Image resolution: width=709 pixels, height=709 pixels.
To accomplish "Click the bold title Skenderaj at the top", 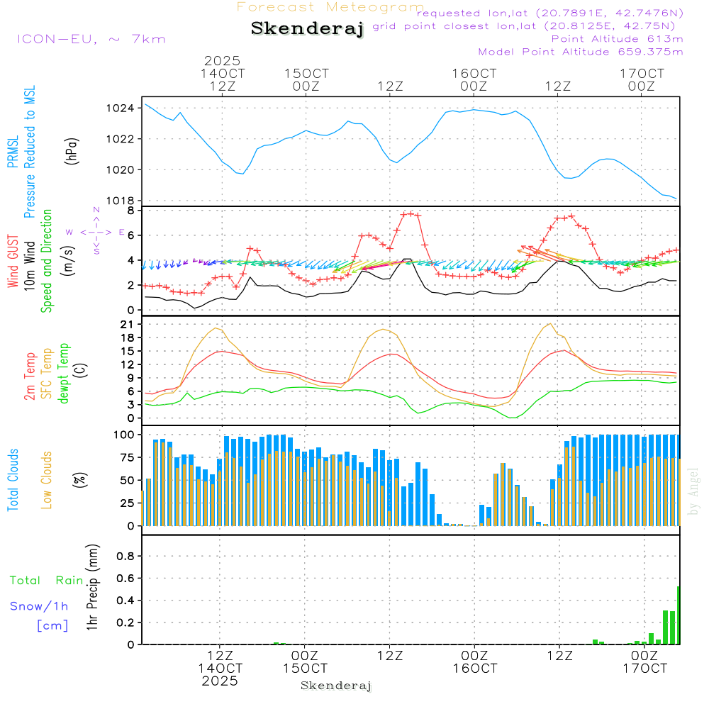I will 307,28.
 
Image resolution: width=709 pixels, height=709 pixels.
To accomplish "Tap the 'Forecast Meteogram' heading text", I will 330,7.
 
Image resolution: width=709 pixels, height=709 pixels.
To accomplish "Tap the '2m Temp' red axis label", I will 30,376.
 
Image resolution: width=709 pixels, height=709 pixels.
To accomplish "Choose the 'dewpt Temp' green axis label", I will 64,374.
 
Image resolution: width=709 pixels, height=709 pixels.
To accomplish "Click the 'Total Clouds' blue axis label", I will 13,480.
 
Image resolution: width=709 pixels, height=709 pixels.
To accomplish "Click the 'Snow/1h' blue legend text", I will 40,606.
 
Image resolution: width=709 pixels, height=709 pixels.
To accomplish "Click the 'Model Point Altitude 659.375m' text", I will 581,52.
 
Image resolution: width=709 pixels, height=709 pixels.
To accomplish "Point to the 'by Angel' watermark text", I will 693,491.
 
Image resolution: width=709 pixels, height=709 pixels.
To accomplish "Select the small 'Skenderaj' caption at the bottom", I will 336,686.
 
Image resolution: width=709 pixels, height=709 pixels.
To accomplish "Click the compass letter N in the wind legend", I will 96,210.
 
